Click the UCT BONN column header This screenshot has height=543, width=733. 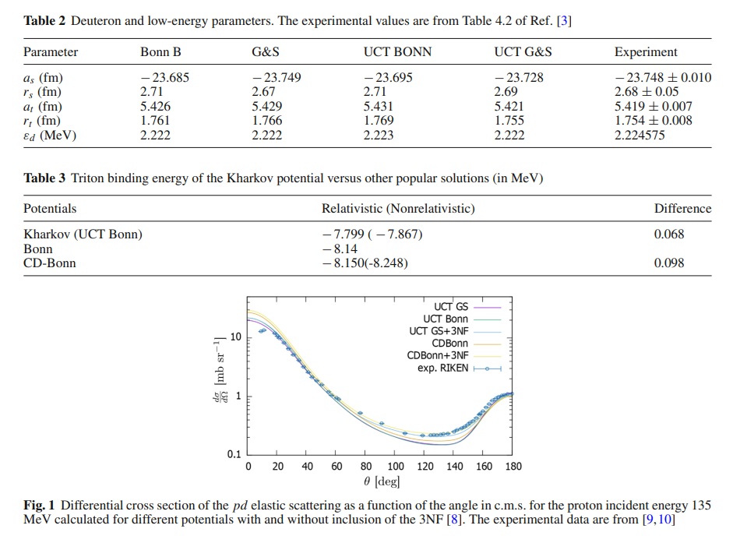[x=397, y=51]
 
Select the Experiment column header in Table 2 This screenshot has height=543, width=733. [x=646, y=52]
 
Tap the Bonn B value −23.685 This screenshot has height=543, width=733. [x=164, y=77]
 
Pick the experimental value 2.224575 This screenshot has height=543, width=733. [x=639, y=135]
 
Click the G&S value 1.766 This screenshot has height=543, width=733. [x=267, y=121]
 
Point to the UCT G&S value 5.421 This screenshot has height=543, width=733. [x=509, y=107]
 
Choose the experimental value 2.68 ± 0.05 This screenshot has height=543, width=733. [x=646, y=92]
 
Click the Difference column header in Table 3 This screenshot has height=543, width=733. [x=682, y=208]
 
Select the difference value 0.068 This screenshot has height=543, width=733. [x=668, y=234]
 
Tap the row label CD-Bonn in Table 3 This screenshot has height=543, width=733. [x=50, y=263]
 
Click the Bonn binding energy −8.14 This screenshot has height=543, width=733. [x=340, y=249]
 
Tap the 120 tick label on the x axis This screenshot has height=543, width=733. [x=425, y=467]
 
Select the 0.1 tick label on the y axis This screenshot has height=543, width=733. [x=234, y=454]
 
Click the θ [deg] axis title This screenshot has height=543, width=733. [x=382, y=481]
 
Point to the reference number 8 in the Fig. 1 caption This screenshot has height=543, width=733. [x=453, y=520]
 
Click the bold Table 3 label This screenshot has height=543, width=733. [x=44, y=178]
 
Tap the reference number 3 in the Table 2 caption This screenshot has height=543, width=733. [x=564, y=21]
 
